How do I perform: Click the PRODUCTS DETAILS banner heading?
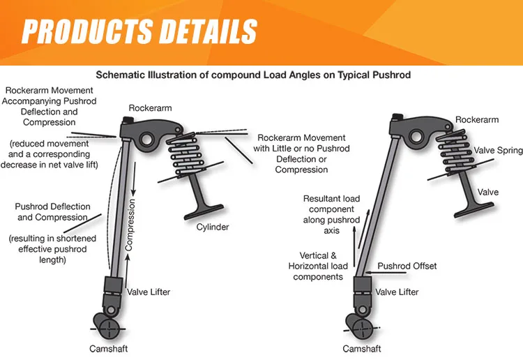pyautogui.click(x=139, y=31)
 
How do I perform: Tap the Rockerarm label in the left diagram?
pyautogui.click(x=150, y=108)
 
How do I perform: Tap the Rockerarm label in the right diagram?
pyautogui.click(x=476, y=120)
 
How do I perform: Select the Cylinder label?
pyautogui.click(x=212, y=227)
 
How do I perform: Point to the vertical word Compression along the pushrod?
pyautogui.click(x=129, y=225)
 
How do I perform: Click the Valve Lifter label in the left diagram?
pyautogui.click(x=149, y=292)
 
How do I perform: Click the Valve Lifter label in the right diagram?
pyautogui.click(x=397, y=292)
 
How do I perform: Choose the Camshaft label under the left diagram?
pyautogui.click(x=108, y=348)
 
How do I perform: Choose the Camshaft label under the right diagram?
pyautogui.click(x=362, y=348)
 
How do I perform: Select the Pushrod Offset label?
pyautogui.click(x=407, y=266)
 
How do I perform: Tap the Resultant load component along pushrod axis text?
pyautogui.click(x=331, y=214)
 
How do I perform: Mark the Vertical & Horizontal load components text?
pyautogui.click(x=318, y=266)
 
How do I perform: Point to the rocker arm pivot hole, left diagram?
pyautogui.click(x=148, y=140)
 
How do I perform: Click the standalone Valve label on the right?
pyautogui.click(x=487, y=192)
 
